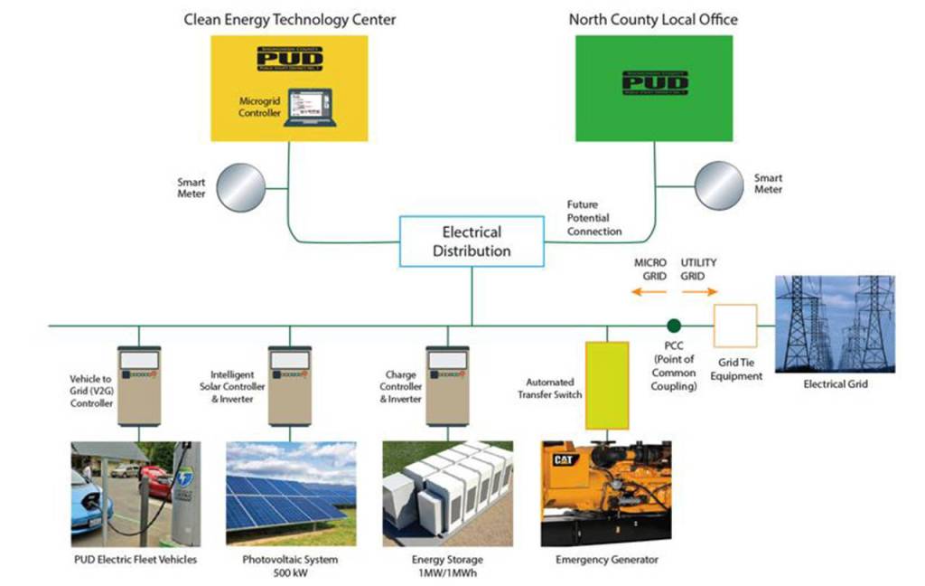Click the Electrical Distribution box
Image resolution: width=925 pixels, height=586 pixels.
click(x=471, y=241)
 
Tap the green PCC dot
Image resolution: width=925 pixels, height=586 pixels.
click(x=673, y=325)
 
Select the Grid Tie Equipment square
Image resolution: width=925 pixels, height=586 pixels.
click(x=736, y=326)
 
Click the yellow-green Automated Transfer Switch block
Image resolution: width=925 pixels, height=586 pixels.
click(x=607, y=384)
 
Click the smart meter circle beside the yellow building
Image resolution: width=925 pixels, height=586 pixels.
click(x=241, y=186)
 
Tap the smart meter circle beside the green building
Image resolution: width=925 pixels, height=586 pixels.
click(x=718, y=185)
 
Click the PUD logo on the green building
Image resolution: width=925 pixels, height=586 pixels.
click(x=655, y=80)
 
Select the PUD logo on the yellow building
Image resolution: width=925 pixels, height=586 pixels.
click(x=289, y=56)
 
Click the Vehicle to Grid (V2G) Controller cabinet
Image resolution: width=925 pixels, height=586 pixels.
click(x=139, y=385)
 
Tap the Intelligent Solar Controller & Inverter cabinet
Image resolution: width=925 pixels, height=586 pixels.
click(x=291, y=385)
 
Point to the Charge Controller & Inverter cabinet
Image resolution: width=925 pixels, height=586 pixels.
click(x=447, y=385)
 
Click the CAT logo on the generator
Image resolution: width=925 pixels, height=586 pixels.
click(x=554, y=460)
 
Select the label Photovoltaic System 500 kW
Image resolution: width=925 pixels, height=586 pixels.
click(x=290, y=565)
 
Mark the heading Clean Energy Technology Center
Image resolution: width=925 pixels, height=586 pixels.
click(x=289, y=19)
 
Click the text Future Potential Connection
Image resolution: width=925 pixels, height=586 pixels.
click(x=593, y=218)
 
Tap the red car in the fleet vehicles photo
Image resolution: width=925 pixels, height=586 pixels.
click(x=156, y=479)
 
